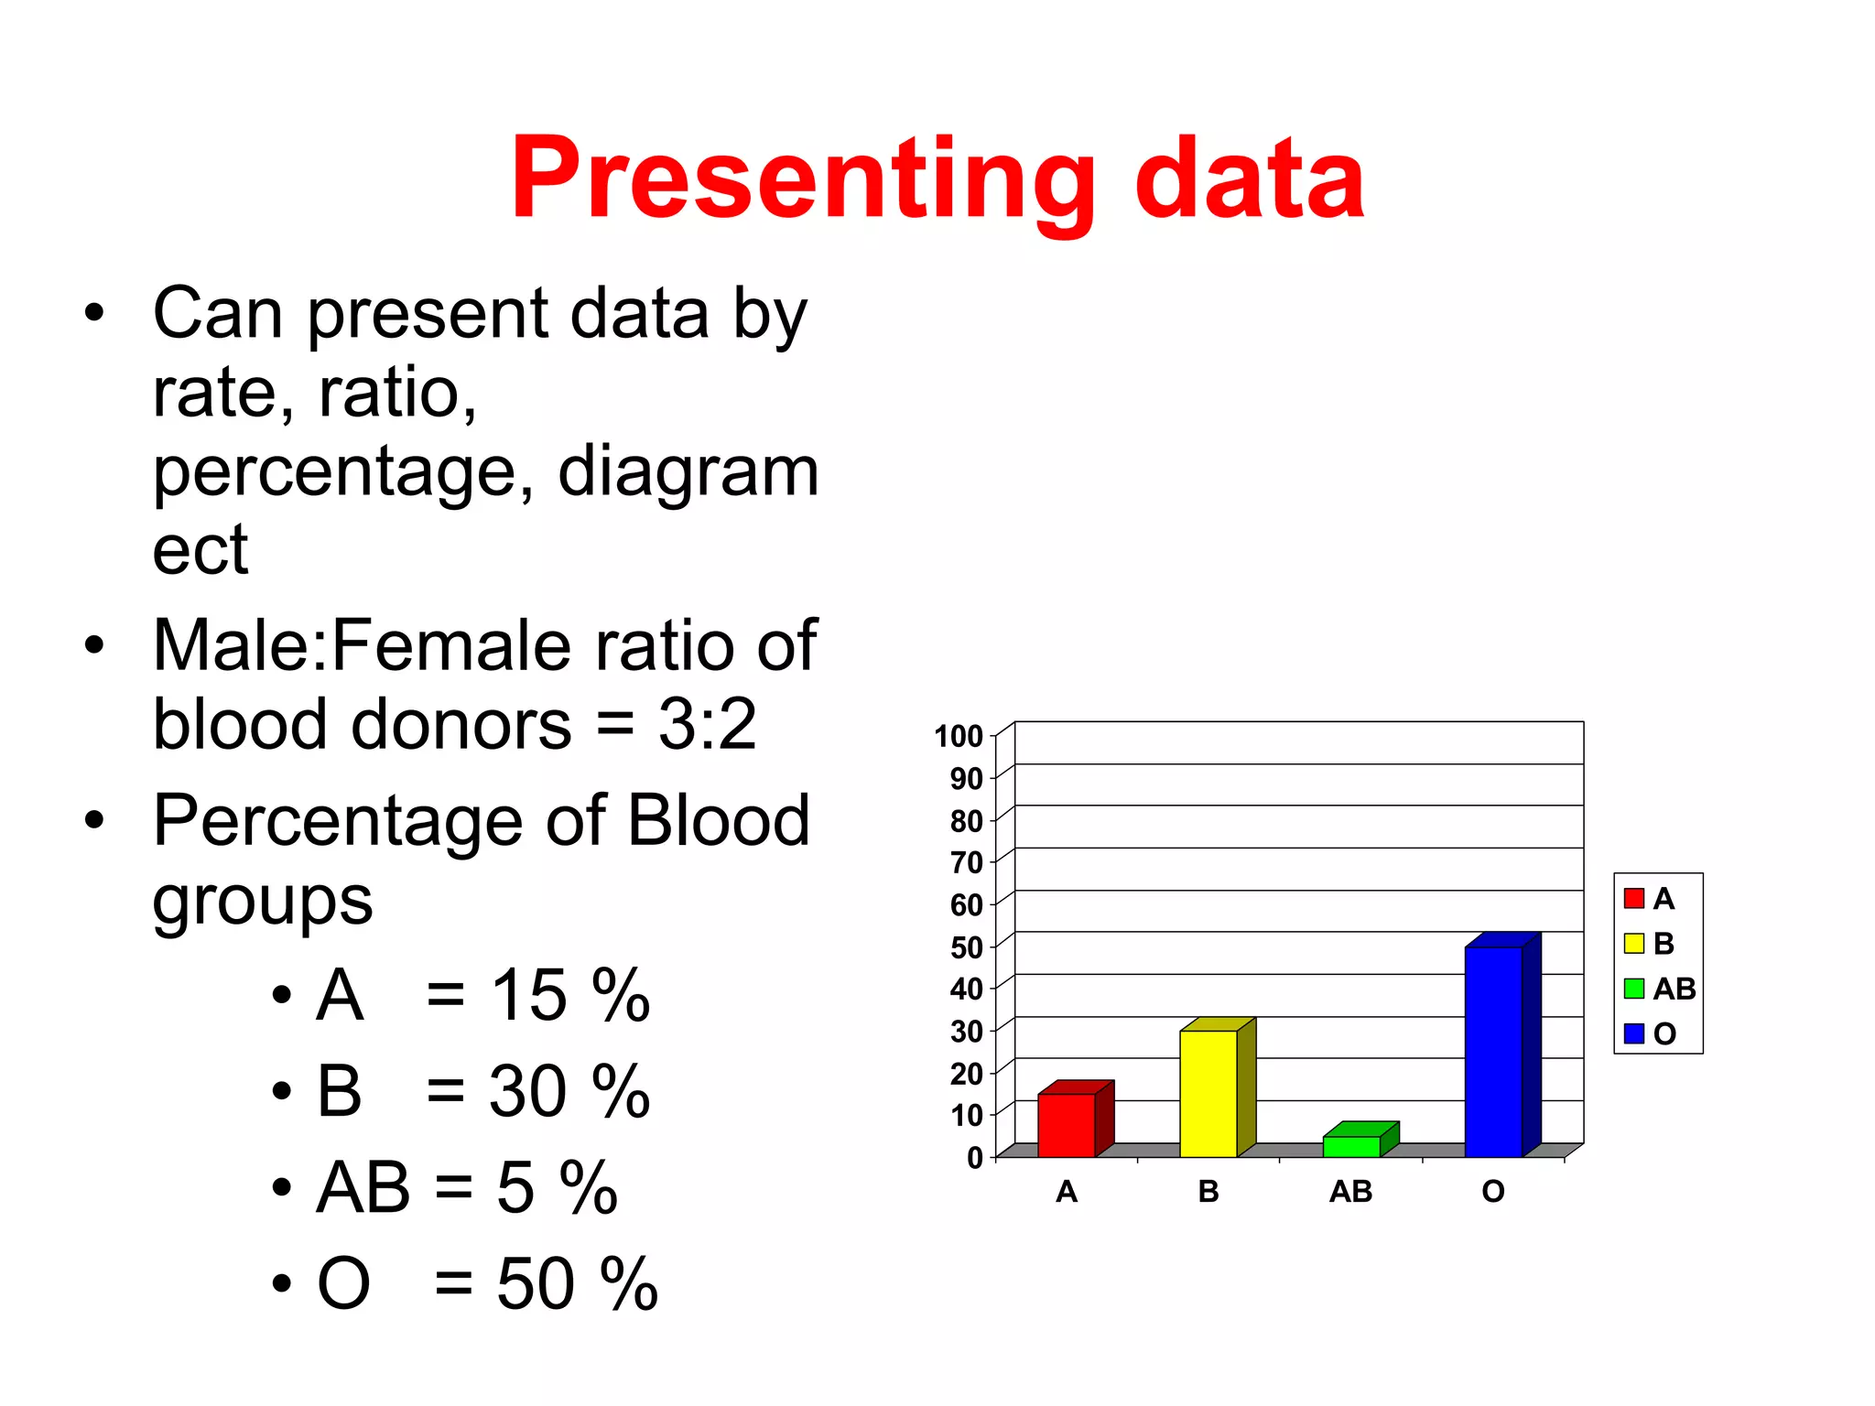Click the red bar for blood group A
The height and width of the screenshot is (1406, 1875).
pos(1066,1125)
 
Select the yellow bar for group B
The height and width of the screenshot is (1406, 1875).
pos(1208,1093)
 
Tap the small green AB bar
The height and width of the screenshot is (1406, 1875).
pos(1351,1146)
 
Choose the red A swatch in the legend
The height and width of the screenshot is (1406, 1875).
pos(1633,898)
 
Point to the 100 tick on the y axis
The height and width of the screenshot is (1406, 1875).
pos(958,736)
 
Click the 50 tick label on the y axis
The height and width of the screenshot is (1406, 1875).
pos(966,946)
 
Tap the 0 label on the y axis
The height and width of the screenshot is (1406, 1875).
pos(975,1158)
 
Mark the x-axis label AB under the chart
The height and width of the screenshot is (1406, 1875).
pos(1350,1192)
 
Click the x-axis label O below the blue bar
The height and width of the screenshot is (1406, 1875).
pos(1492,1192)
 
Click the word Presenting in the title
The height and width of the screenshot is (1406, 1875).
pos(802,180)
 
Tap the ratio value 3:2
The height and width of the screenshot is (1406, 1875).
pos(707,724)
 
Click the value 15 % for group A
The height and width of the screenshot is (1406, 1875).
pos(569,995)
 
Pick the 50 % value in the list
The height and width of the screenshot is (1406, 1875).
pos(577,1283)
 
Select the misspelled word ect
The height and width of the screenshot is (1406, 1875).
pos(200,551)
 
